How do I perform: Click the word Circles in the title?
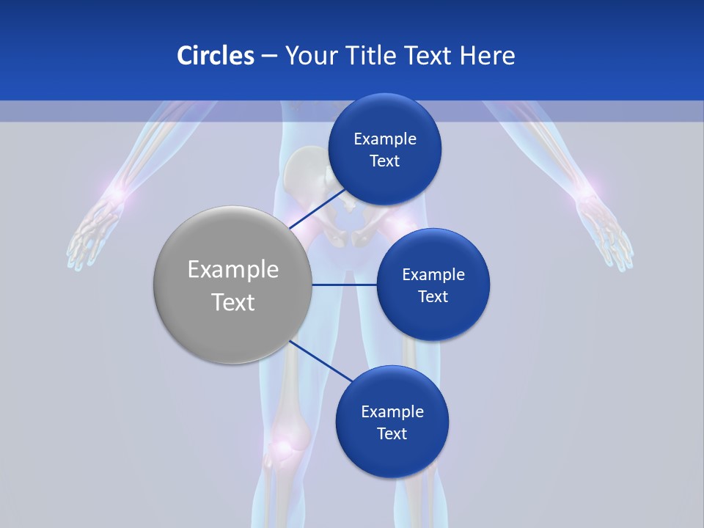[216, 56]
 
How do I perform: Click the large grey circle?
[232, 285]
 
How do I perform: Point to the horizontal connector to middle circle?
[344, 285]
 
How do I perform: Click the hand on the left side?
[92, 235]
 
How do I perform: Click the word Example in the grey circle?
[232, 270]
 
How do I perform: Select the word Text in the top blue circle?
[384, 161]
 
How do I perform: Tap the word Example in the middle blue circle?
[433, 275]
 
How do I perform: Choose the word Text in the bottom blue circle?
[392, 433]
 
